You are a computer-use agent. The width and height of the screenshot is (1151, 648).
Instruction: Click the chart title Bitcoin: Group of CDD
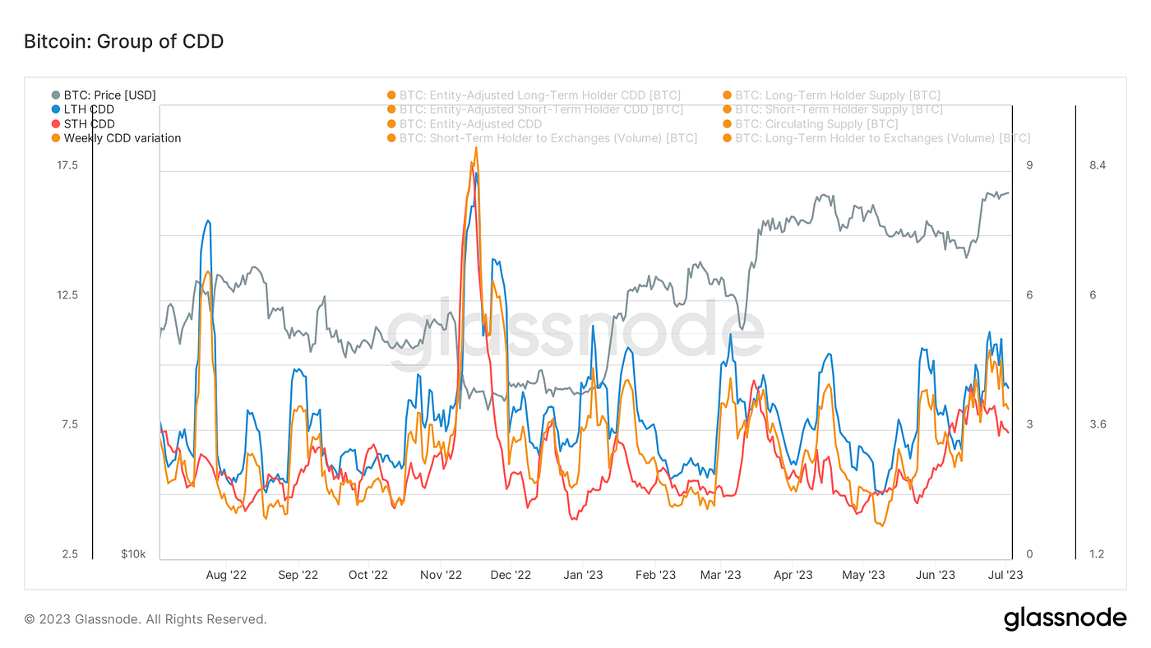(123, 41)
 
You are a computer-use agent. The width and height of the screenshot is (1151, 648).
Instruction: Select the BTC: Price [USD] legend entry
(109, 95)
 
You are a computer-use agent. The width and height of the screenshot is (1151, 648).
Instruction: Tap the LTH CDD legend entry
(89, 109)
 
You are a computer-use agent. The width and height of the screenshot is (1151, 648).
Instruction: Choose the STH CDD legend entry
(89, 124)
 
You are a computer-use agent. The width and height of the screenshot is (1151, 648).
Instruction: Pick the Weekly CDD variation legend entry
(122, 138)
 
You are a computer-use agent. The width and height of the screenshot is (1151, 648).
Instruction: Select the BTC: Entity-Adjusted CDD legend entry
(470, 124)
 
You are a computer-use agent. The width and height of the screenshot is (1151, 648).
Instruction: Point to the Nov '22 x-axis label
(441, 575)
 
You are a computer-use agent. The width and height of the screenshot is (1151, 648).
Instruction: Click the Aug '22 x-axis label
(226, 575)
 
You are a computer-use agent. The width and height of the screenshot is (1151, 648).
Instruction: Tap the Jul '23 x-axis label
(1005, 575)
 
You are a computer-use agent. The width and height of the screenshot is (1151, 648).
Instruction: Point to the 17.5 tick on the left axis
(67, 165)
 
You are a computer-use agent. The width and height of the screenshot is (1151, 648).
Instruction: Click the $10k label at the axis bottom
(133, 554)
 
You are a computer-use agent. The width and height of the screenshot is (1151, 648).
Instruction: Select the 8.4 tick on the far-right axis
(1097, 165)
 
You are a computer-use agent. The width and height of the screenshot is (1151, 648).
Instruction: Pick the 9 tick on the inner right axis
(1029, 165)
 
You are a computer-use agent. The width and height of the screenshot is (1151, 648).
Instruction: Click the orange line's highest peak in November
(476, 148)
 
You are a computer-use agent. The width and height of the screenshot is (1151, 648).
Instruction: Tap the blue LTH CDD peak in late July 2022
(209, 220)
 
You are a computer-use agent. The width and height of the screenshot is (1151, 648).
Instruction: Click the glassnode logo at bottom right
(1065, 618)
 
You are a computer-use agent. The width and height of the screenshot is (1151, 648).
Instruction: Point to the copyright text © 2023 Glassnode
(146, 619)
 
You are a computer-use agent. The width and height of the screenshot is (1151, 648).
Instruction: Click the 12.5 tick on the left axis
(67, 295)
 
